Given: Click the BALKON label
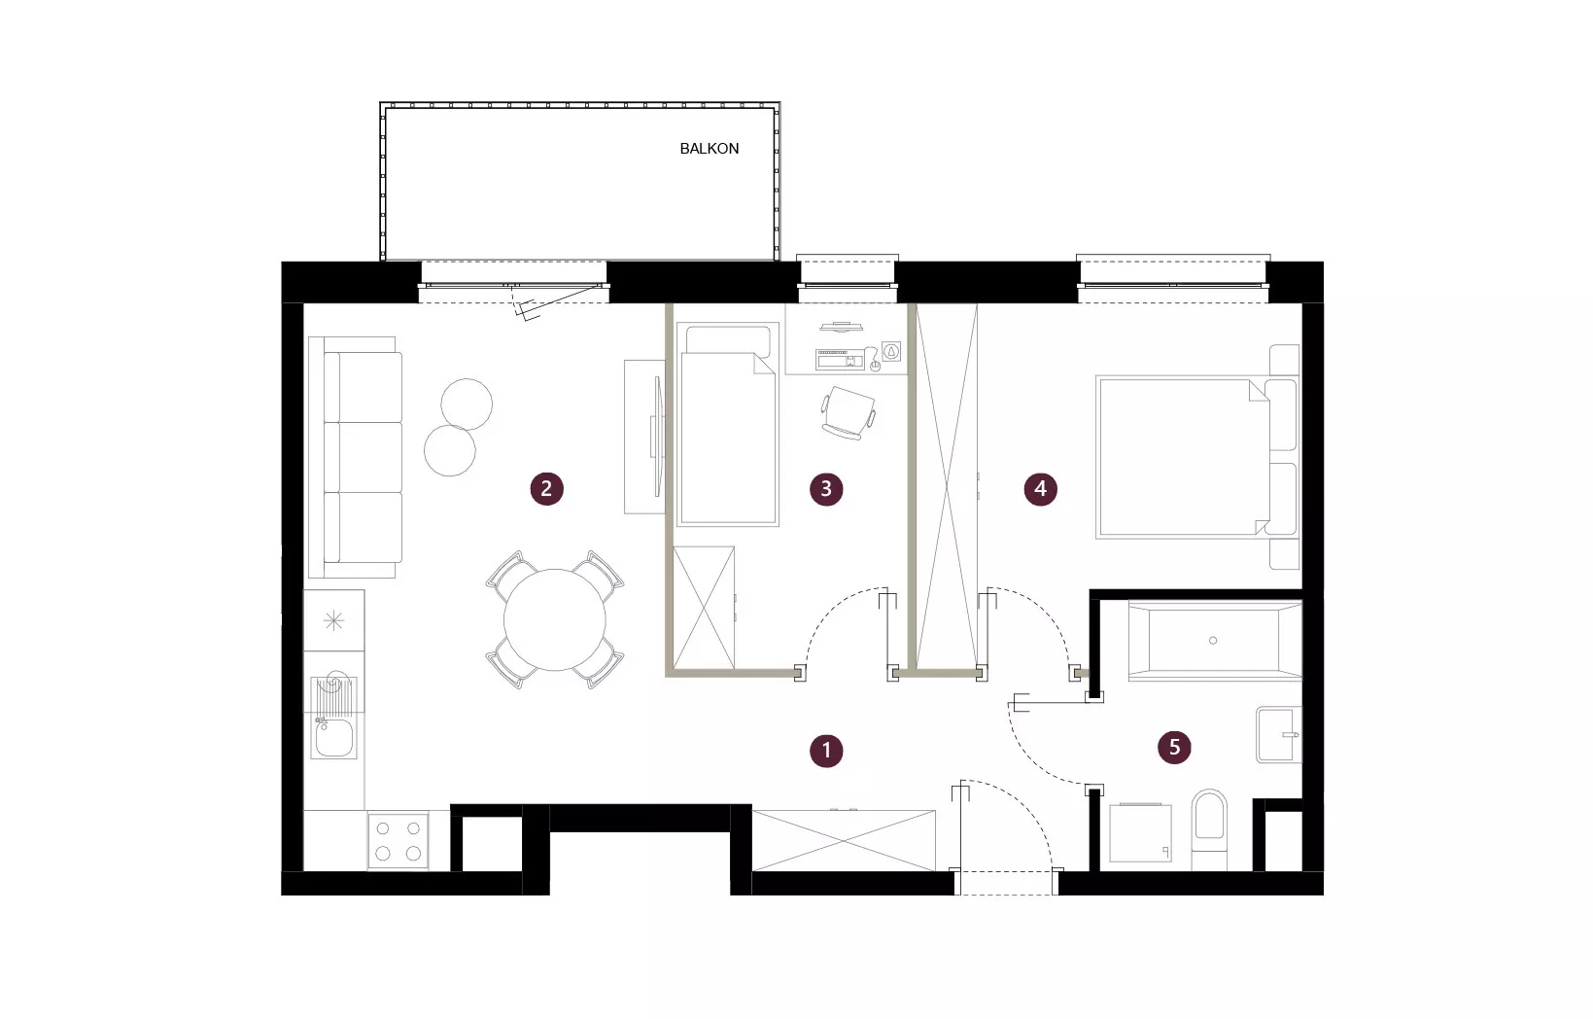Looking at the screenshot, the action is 710,149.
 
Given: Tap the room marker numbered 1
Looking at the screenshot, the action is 826,751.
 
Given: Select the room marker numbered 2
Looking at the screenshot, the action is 547,489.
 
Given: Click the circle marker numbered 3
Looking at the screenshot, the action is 826,489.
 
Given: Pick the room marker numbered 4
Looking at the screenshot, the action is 1040,489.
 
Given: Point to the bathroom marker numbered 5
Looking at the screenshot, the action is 1174,747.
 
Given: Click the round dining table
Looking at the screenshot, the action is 555,619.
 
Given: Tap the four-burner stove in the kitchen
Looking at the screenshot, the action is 398,840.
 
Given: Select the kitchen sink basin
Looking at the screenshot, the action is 333,738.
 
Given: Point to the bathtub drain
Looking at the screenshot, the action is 1213,641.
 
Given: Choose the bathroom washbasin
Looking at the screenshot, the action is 1279,734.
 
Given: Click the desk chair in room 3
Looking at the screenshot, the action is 848,412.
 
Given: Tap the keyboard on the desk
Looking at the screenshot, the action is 840,359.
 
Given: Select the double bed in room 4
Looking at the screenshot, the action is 1197,457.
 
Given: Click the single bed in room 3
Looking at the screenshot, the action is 728,425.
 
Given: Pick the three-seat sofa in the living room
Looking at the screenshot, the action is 356,457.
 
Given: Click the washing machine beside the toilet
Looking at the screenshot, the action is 1140,832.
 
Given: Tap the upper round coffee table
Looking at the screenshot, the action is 467,404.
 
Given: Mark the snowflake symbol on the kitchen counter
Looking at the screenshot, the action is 333,620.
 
